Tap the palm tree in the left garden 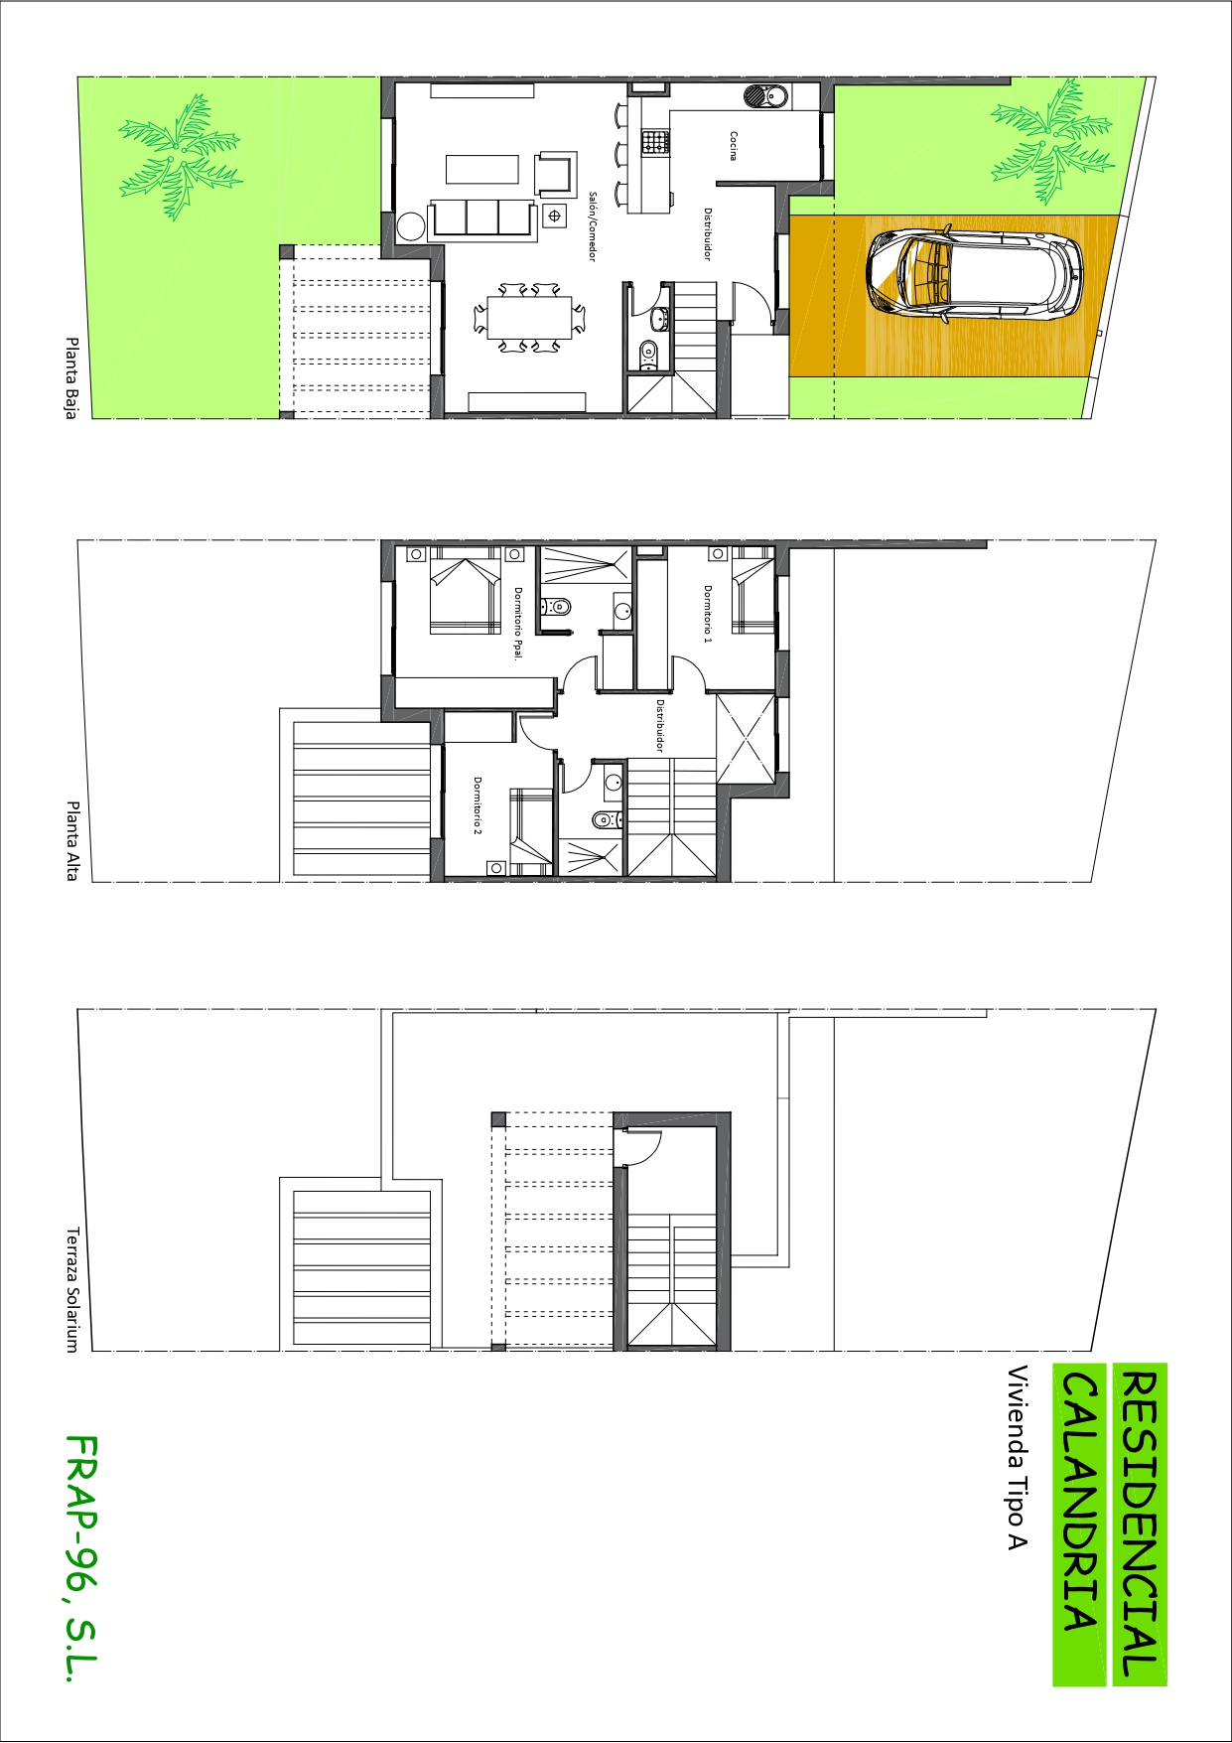(x=180, y=157)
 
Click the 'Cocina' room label (x=734, y=145)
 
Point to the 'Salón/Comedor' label (x=593, y=226)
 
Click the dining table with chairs (x=529, y=317)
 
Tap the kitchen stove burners (x=654, y=142)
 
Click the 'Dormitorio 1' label (x=708, y=614)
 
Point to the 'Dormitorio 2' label (x=478, y=805)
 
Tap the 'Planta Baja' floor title (x=71, y=378)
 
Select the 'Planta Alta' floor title (x=71, y=840)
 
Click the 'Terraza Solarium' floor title (x=71, y=1289)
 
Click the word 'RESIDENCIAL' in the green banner (x=1139, y=1525)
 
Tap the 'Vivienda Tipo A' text (x=1018, y=1457)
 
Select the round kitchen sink (x=765, y=96)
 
